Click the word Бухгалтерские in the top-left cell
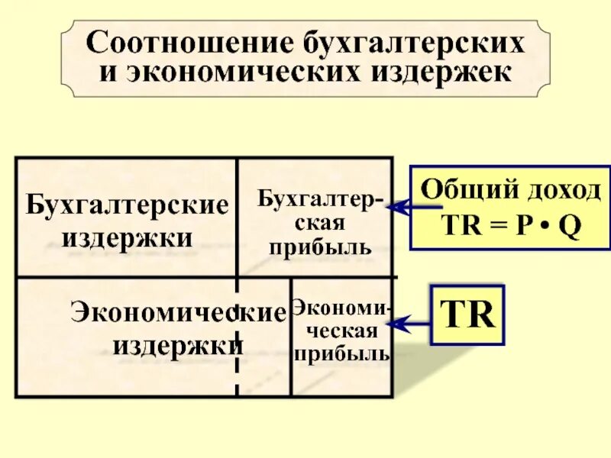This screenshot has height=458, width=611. coord(127,205)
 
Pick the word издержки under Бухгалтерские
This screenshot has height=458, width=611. coord(127,237)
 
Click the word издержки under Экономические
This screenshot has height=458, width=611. coord(178,345)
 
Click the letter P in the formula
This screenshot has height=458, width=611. coord(522,227)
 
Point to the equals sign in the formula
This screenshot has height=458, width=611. coord(492,227)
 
